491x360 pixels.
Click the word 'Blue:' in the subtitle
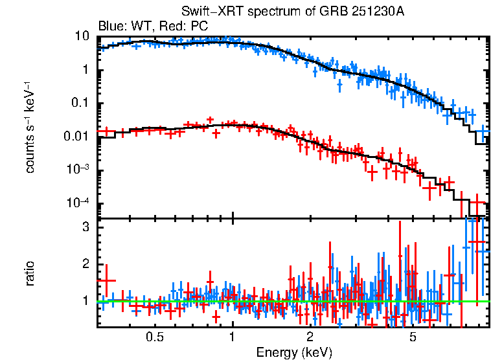[x=111, y=26]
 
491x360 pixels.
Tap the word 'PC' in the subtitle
[x=200, y=26]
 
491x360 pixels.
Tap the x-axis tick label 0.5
[x=154, y=337]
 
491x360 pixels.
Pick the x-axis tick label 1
[x=233, y=337]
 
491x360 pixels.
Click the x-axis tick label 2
[x=310, y=337]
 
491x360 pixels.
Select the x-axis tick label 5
[x=413, y=337]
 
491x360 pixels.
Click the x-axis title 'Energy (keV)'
[x=294, y=352]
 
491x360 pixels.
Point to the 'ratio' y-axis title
[x=30, y=274]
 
